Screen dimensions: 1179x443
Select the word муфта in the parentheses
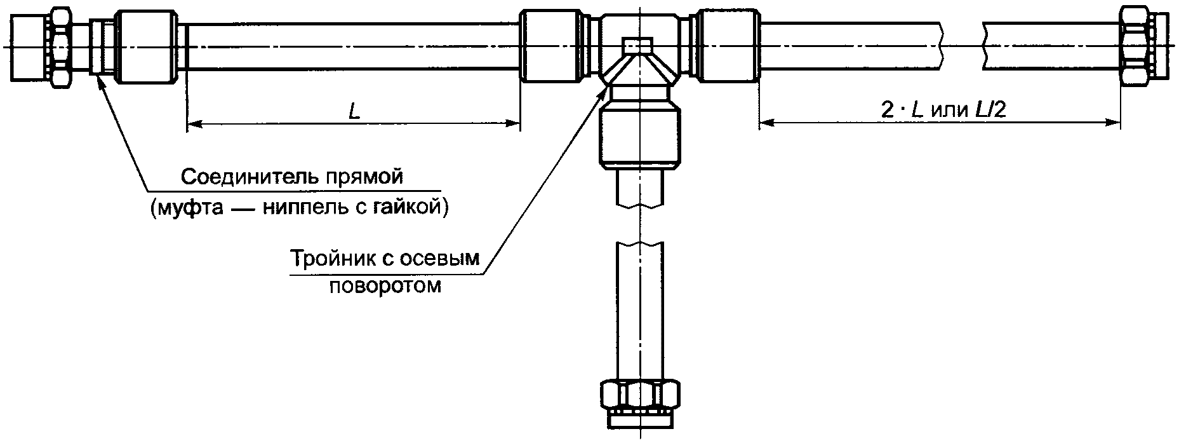click(x=191, y=208)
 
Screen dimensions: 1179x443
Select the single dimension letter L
click(x=354, y=112)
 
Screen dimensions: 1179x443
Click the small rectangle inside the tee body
click(x=639, y=46)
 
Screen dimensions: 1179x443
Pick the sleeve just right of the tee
click(x=729, y=46)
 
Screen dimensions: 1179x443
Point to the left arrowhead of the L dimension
click(x=193, y=124)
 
